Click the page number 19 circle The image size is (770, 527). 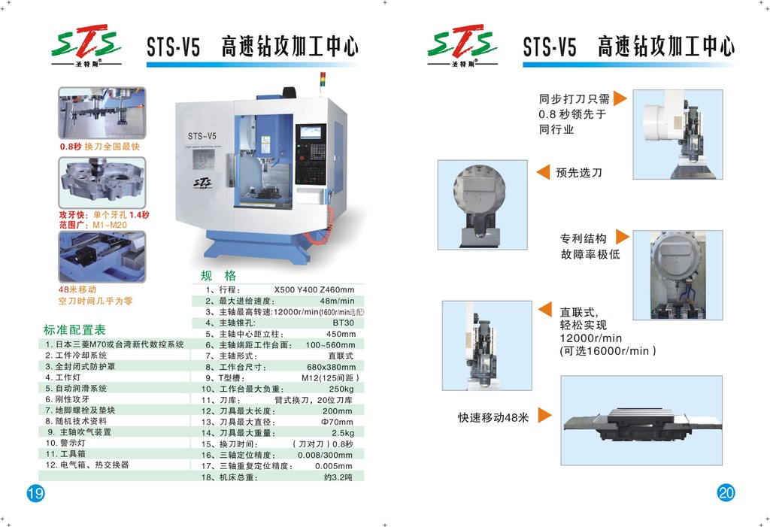click(35, 493)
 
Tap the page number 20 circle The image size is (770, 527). click(726, 493)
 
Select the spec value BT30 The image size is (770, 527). click(343, 323)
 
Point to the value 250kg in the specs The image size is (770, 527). click(341, 389)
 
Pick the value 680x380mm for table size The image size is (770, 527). click(333, 367)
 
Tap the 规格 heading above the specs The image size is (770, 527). click(218, 275)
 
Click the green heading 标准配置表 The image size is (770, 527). click(74, 330)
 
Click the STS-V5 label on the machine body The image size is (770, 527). click(202, 136)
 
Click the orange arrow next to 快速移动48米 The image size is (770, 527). click(545, 416)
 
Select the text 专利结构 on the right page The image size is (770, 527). click(583, 238)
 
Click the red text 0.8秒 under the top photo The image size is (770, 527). click(71, 147)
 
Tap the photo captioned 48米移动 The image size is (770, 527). click(102, 256)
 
